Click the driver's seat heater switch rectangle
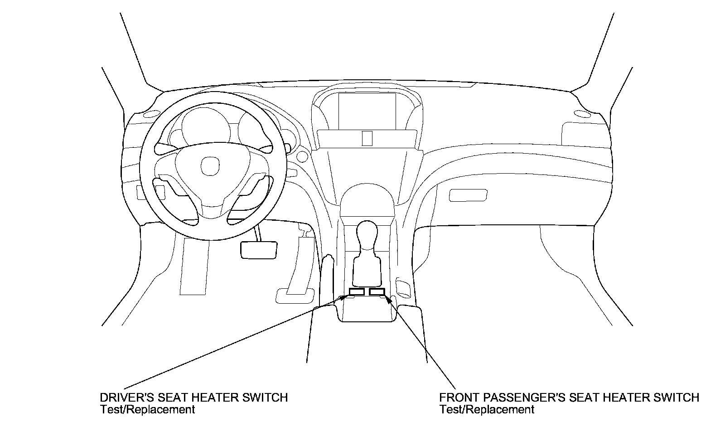(x=357, y=292)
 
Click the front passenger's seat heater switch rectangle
(x=377, y=292)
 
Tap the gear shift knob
(x=367, y=234)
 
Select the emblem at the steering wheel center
(x=208, y=166)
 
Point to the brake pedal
(x=258, y=250)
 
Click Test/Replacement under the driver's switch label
(x=147, y=409)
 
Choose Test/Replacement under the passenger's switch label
(x=487, y=409)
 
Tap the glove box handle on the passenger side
(x=468, y=195)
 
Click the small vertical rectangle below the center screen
(x=367, y=138)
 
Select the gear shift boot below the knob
(x=367, y=270)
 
